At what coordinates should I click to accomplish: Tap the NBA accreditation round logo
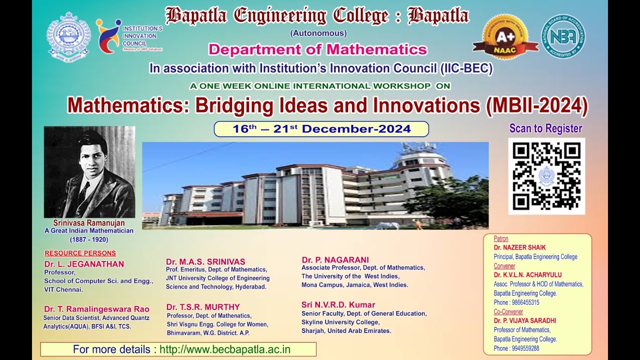pos(563,36)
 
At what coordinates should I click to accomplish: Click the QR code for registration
pos(546,176)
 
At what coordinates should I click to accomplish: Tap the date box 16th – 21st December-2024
pos(321,129)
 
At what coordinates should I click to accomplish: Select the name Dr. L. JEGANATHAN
pos(84,264)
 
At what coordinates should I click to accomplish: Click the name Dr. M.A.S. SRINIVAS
pos(205,261)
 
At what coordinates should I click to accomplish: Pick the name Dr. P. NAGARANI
pos(335,259)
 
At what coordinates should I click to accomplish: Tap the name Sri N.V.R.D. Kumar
pos(338,304)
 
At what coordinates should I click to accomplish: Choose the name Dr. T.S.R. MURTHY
pos(203,306)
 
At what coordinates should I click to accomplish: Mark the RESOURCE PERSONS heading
pos(80,253)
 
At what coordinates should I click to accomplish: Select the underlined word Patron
pos(501,238)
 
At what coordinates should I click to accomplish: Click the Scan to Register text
pos(545,128)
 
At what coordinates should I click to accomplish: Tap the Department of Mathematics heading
pos(317,49)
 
